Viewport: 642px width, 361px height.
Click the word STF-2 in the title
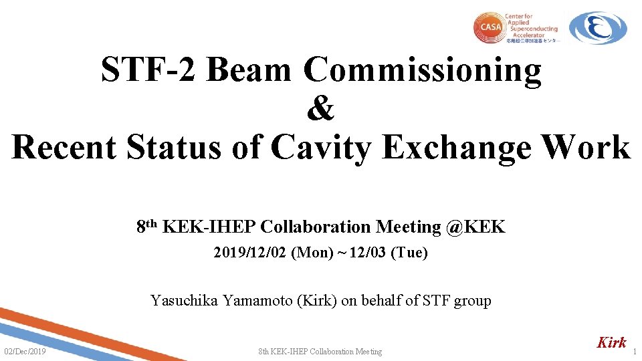point(148,70)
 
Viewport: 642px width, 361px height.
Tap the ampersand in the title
point(320,109)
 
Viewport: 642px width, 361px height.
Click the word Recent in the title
point(64,147)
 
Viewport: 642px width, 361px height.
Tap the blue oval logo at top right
point(598,28)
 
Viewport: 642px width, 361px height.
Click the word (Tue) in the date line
point(409,253)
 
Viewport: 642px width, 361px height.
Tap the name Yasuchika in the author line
point(183,300)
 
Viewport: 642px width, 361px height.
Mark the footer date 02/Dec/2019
point(25,352)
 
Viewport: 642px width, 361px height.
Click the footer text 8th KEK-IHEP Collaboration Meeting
point(320,352)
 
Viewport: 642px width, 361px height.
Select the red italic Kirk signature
point(611,342)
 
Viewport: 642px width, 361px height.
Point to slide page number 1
point(635,352)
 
